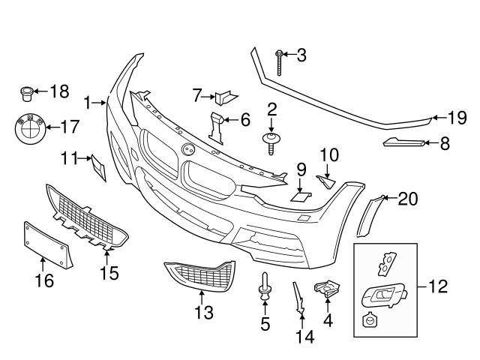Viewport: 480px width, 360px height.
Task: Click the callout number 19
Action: click(x=457, y=116)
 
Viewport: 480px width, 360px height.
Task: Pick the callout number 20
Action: click(x=407, y=198)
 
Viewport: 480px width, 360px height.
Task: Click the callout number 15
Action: click(x=109, y=272)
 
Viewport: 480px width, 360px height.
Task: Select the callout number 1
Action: click(x=88, y=101)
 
